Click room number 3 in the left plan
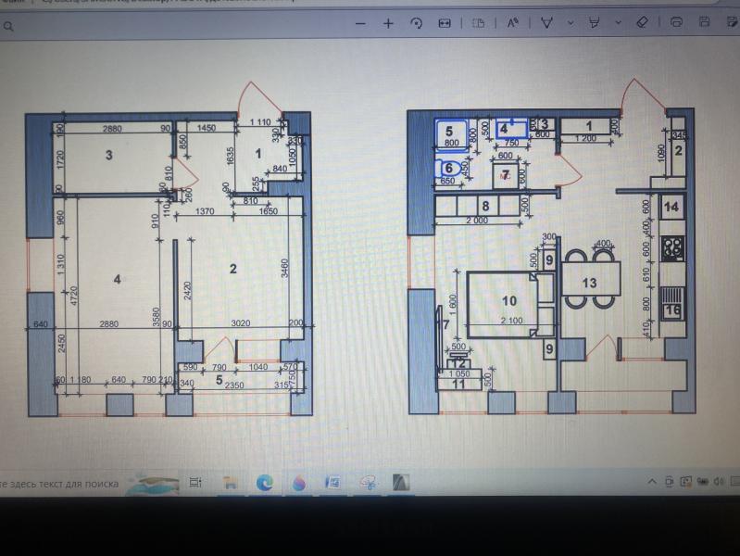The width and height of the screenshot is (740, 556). click(x=108, y=156)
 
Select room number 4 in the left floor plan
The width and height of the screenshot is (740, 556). click(x=118, y=278)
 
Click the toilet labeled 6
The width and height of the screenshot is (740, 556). click(x=449, y=168)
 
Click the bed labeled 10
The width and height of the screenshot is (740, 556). click(x=508, y=301)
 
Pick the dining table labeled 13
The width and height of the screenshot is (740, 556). click(x=589, y=282)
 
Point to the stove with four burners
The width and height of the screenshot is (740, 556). click(x=672, y=247)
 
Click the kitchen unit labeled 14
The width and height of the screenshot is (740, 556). click(x=672, y=207)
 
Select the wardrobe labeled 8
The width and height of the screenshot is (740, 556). click(x=483, y=206)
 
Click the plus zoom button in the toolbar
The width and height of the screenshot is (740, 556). click(x=388, y=22)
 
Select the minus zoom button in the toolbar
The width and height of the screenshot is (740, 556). click(x=360, y=22)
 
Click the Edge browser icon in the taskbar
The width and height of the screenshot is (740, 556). click(x=264, y=482)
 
